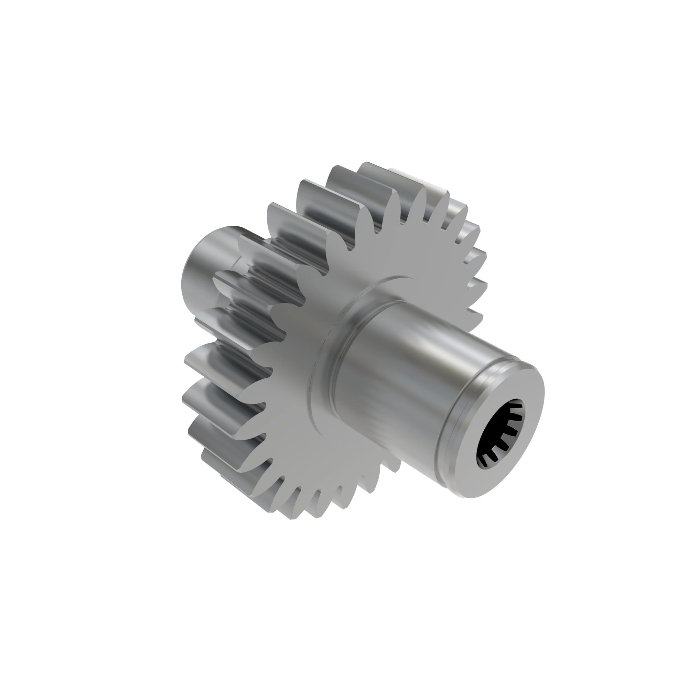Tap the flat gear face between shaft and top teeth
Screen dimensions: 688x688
coord(402,256)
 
